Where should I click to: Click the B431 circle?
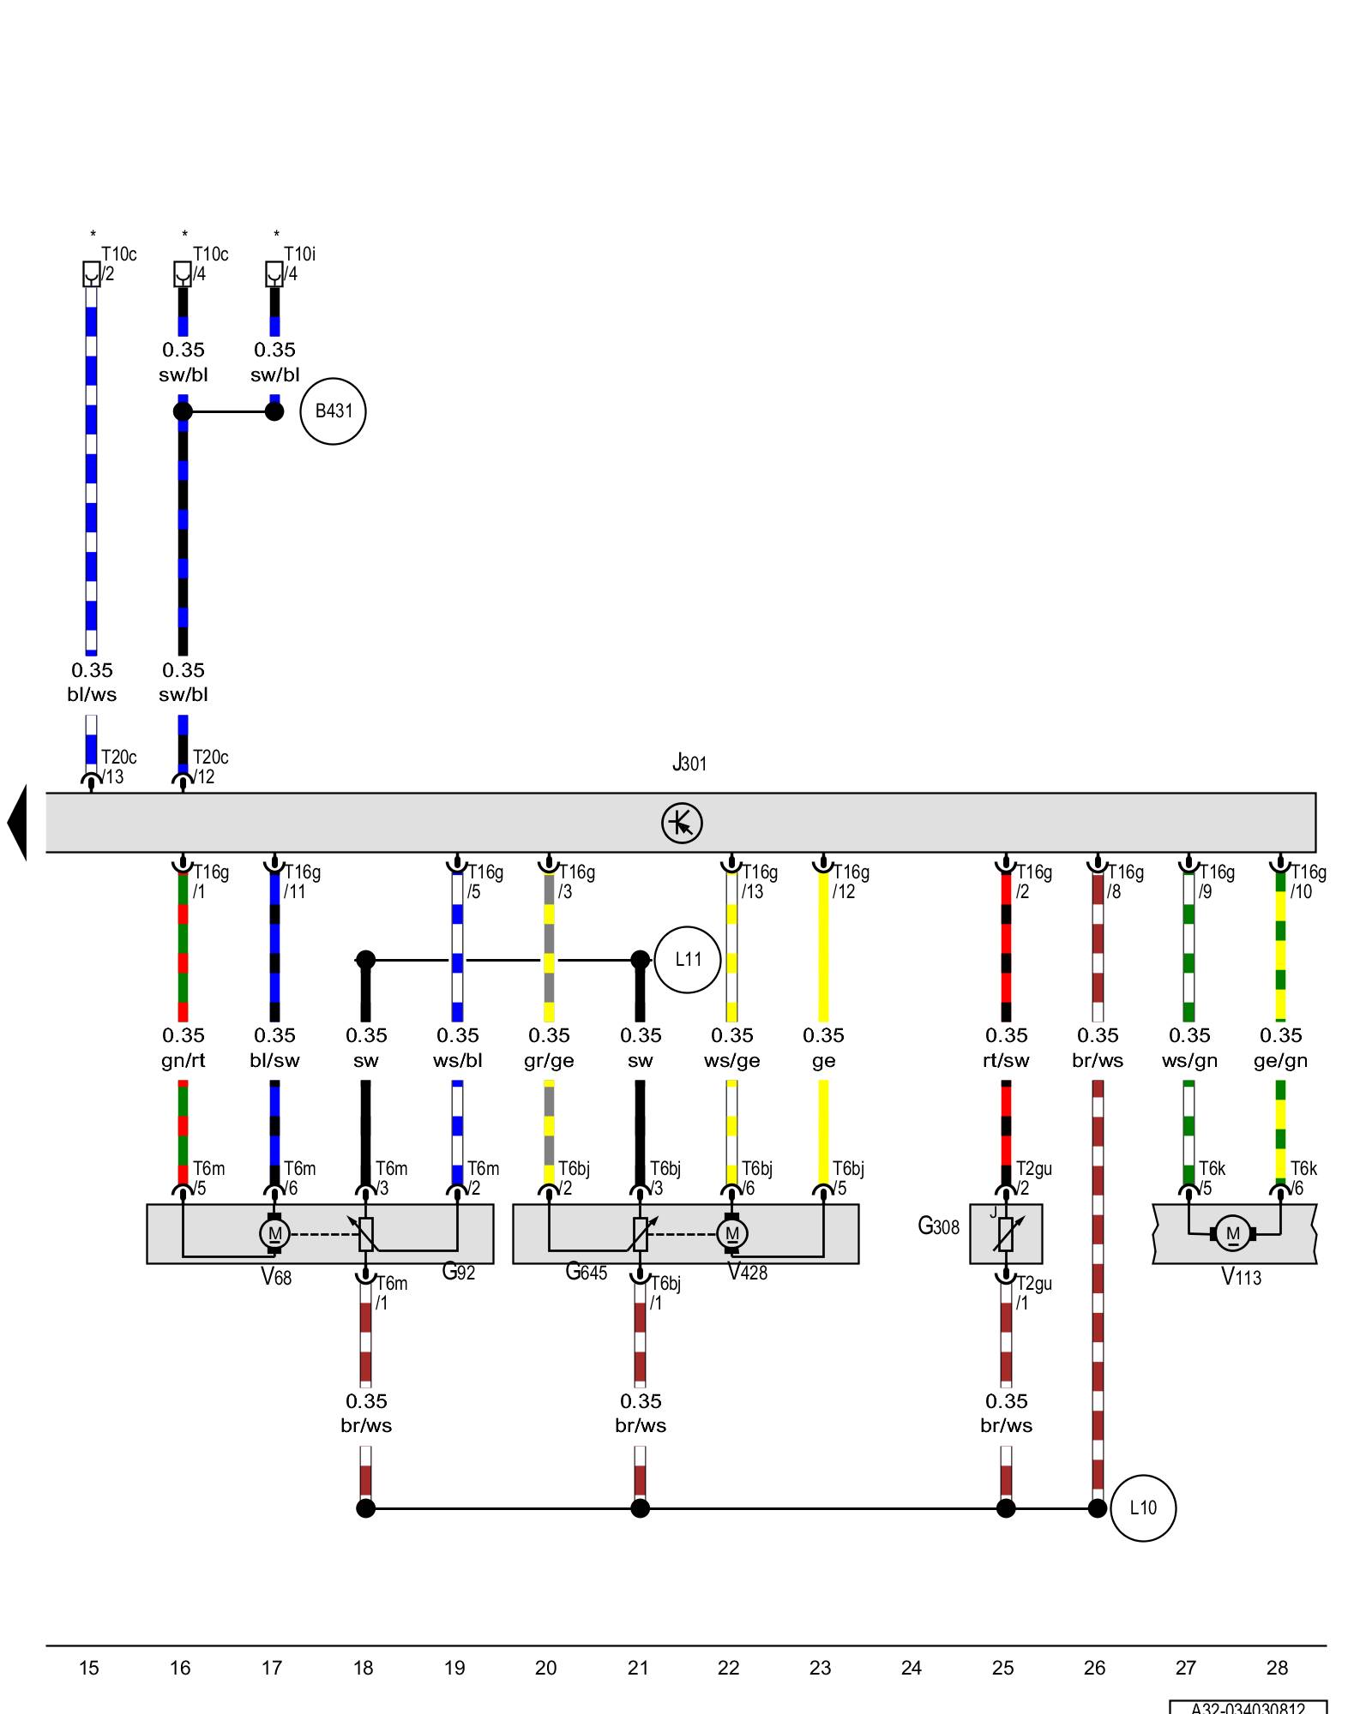pos(333,411)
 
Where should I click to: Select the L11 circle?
pos(687,960)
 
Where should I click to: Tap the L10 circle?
pos(1142,1508)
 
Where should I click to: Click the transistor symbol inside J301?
pos(682,823)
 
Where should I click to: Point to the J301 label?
pos(689,762)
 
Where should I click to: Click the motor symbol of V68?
pos(274,1234)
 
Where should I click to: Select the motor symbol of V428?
pos(731,1234)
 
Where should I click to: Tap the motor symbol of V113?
pos(1232,1234)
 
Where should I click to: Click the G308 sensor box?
pos(1006,1234)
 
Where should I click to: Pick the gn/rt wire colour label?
pos(184,1060)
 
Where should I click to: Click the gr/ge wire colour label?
pos(549,1060)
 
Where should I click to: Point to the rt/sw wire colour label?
pos(1006,1060)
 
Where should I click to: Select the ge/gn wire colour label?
pos(1280,1060)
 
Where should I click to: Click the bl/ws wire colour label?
pos(92,694)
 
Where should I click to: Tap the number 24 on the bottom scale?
pos(912,1668)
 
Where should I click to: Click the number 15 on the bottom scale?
pos(88,1668)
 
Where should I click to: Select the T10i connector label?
pos(299,255)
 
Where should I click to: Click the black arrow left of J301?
pos(17,823)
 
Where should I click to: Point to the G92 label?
pos(459,1272)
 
